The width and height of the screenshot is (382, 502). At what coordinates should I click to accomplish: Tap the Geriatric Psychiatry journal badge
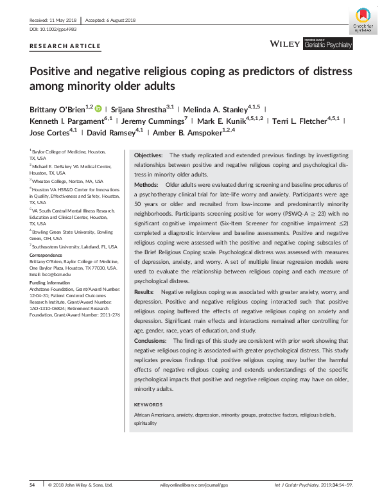coord(329,44)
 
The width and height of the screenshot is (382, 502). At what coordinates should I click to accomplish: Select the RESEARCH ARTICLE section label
coord(65,46)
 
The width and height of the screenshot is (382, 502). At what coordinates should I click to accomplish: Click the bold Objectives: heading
coord(148,156)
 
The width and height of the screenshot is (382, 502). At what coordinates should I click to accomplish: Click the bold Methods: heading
coord(146,184)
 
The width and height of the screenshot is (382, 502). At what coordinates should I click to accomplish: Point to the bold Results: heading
coord(145,292)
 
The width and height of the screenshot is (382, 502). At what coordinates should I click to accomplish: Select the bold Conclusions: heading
coord(151,341)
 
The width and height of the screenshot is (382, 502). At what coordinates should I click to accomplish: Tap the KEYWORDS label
coord(148,405)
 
